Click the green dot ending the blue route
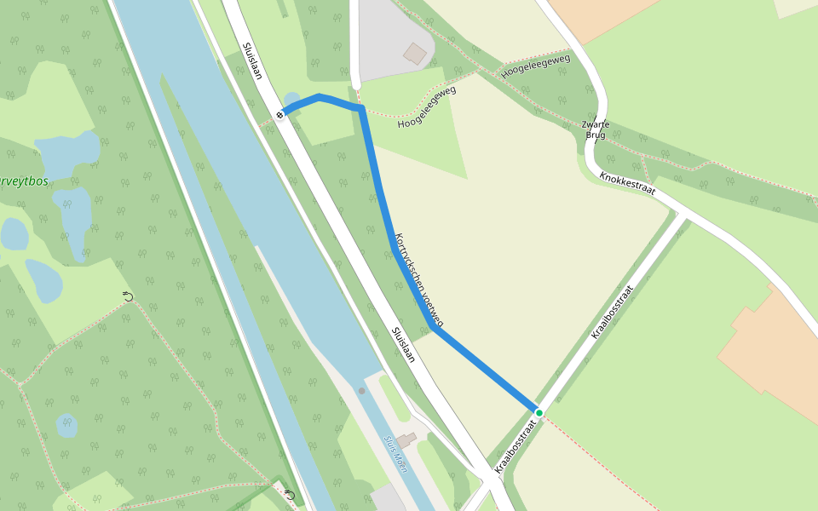tap(539, 413)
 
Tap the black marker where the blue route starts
tap(279, 115)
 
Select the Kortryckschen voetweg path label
tap(418, 280)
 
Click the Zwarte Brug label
tap(596, 129)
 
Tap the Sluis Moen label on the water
tap(395, 455)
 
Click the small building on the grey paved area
tap(415, 54)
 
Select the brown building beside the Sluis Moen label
tap(406, 439)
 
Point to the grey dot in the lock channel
tap(361, 391)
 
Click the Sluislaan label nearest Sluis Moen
tap(402, 344)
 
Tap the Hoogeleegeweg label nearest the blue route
tap(427, 107)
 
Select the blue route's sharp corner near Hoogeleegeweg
tap(362, 108)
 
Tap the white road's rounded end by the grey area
tap(355, 83)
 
